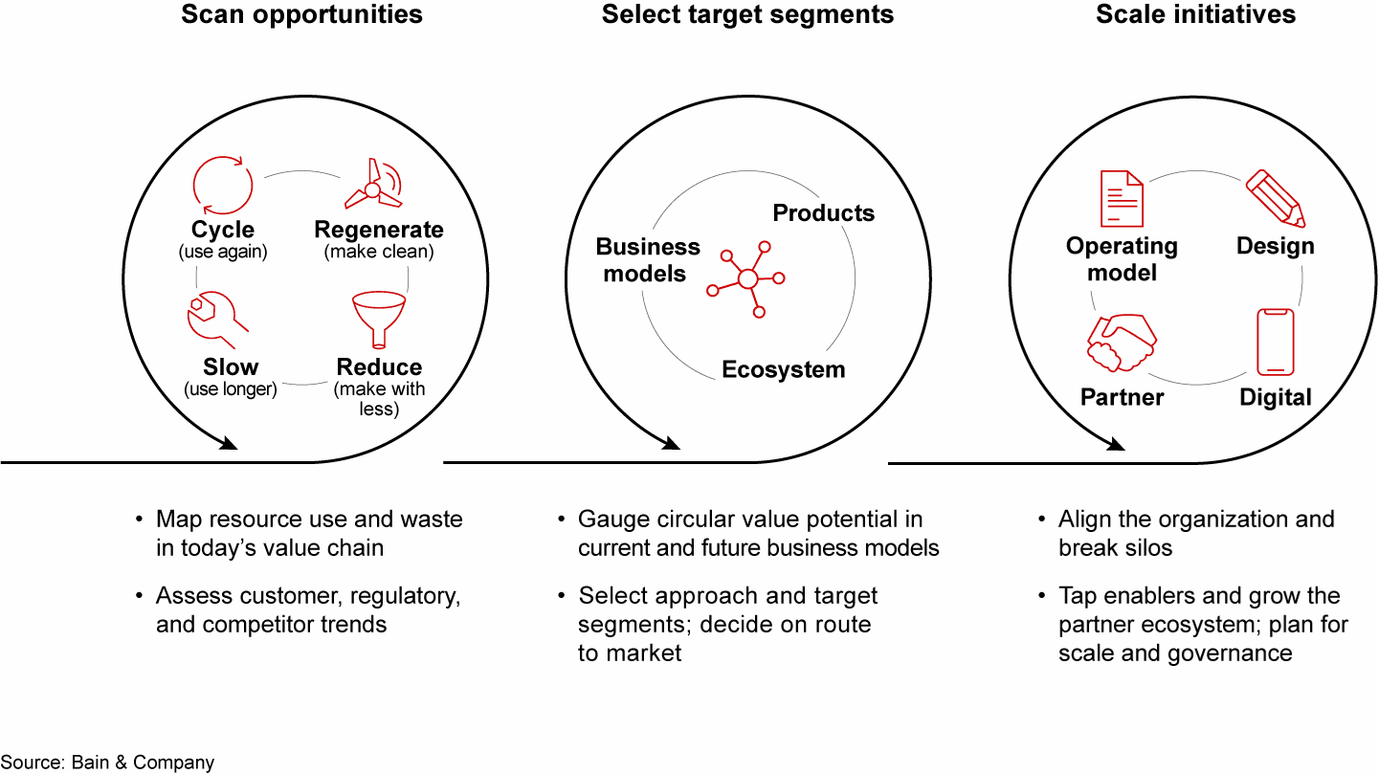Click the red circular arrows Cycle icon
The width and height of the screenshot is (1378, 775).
coord(223,186)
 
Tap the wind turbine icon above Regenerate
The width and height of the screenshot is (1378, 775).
coord(373,185)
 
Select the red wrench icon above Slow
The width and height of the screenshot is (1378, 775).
coord(217,320)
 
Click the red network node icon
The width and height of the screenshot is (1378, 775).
coord(746,279)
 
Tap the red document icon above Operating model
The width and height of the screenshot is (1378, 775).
coord(1122,199)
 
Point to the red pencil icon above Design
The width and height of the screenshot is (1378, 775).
coord(1276,198)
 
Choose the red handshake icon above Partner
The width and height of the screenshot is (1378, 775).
coord(1122,343)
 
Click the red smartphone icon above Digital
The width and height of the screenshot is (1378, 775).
coord(1276,342)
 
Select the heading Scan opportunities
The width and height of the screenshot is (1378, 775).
coord(301,14)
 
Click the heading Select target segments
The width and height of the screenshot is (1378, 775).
coord(747,14)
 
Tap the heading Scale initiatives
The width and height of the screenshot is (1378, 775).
coord(1195,14)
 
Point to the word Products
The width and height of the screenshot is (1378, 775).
coord(823,212)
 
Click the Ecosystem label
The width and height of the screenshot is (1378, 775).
coord(783,369)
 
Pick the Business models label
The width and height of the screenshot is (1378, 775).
coord(647,259)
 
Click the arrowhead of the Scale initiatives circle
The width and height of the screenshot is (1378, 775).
coord(1116,444)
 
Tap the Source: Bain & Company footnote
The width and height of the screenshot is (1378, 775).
coord(107,762)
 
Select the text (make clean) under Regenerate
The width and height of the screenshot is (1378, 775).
coord(379,252)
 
